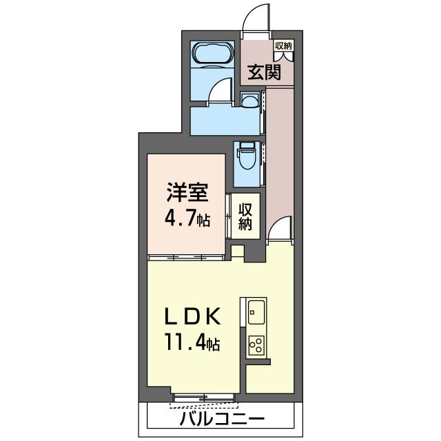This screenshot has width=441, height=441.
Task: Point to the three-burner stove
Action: [255, 345]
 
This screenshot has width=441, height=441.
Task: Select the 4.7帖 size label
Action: [186, 220]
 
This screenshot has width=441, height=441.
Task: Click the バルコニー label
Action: [222, 420]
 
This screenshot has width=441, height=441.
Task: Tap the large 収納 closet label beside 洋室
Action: [245, 217]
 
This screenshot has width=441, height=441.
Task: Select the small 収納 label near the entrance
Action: [283, 46]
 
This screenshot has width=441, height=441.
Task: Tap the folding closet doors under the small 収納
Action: [283, 57]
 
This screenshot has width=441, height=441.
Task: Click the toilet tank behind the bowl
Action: [247, 147]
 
